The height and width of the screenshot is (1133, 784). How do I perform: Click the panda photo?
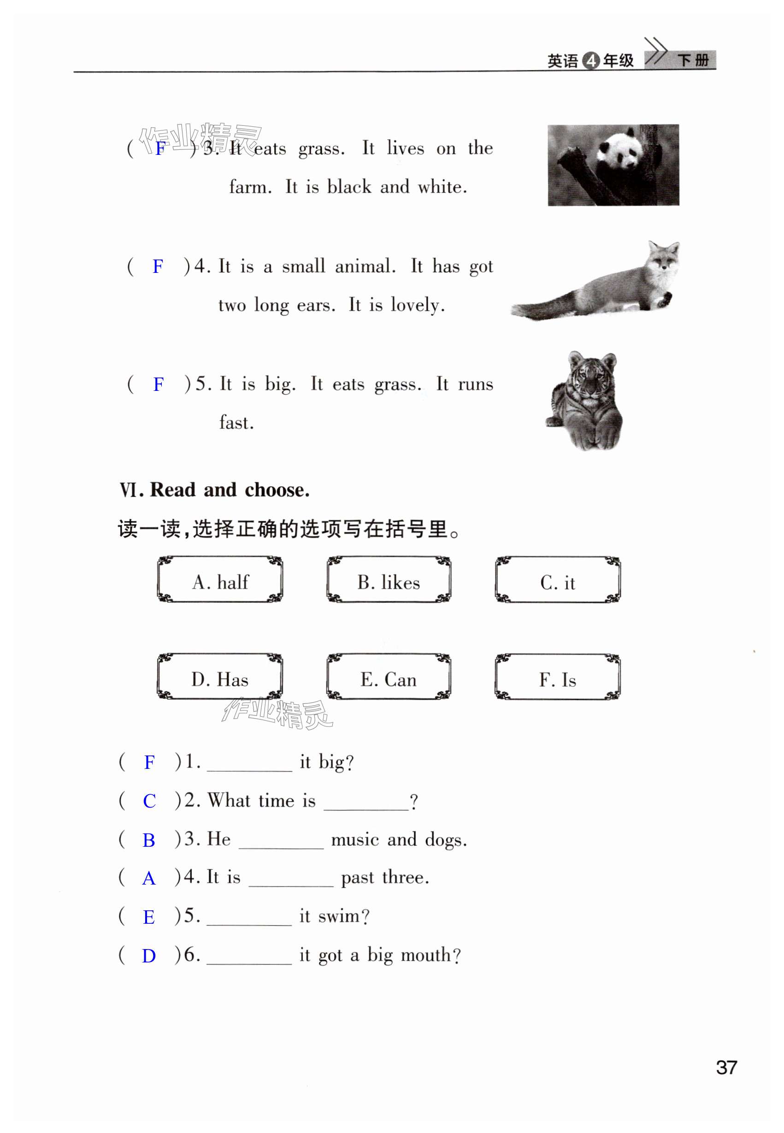[x=613, y=165]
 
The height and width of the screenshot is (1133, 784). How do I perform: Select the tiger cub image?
[x=584, y=401]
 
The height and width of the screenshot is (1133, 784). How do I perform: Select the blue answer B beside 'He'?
[x=149, y=840]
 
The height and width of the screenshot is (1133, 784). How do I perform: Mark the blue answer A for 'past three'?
[x=149, y=879]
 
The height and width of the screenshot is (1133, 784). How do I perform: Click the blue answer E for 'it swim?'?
[x=149, y=917]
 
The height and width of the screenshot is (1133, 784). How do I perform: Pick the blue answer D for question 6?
[x=149, y=956]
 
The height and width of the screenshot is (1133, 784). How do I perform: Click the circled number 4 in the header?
[x=590, y=60]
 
